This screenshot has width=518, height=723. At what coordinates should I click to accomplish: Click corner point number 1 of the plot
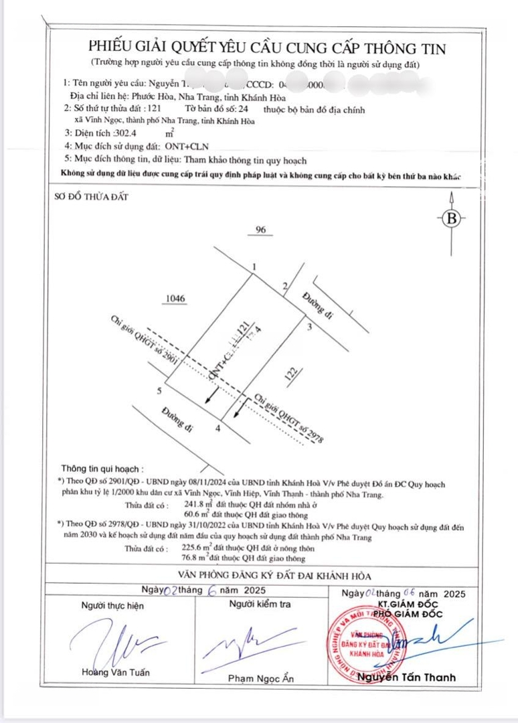click(254, 268)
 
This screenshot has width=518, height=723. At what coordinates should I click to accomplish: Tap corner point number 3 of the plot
click(309, 327)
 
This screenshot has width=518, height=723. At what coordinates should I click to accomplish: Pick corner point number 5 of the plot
click(159, 390)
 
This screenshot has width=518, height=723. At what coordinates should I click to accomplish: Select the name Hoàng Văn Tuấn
click(116, 672)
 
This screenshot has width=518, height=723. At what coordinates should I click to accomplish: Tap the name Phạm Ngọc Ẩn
click(261, 679)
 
